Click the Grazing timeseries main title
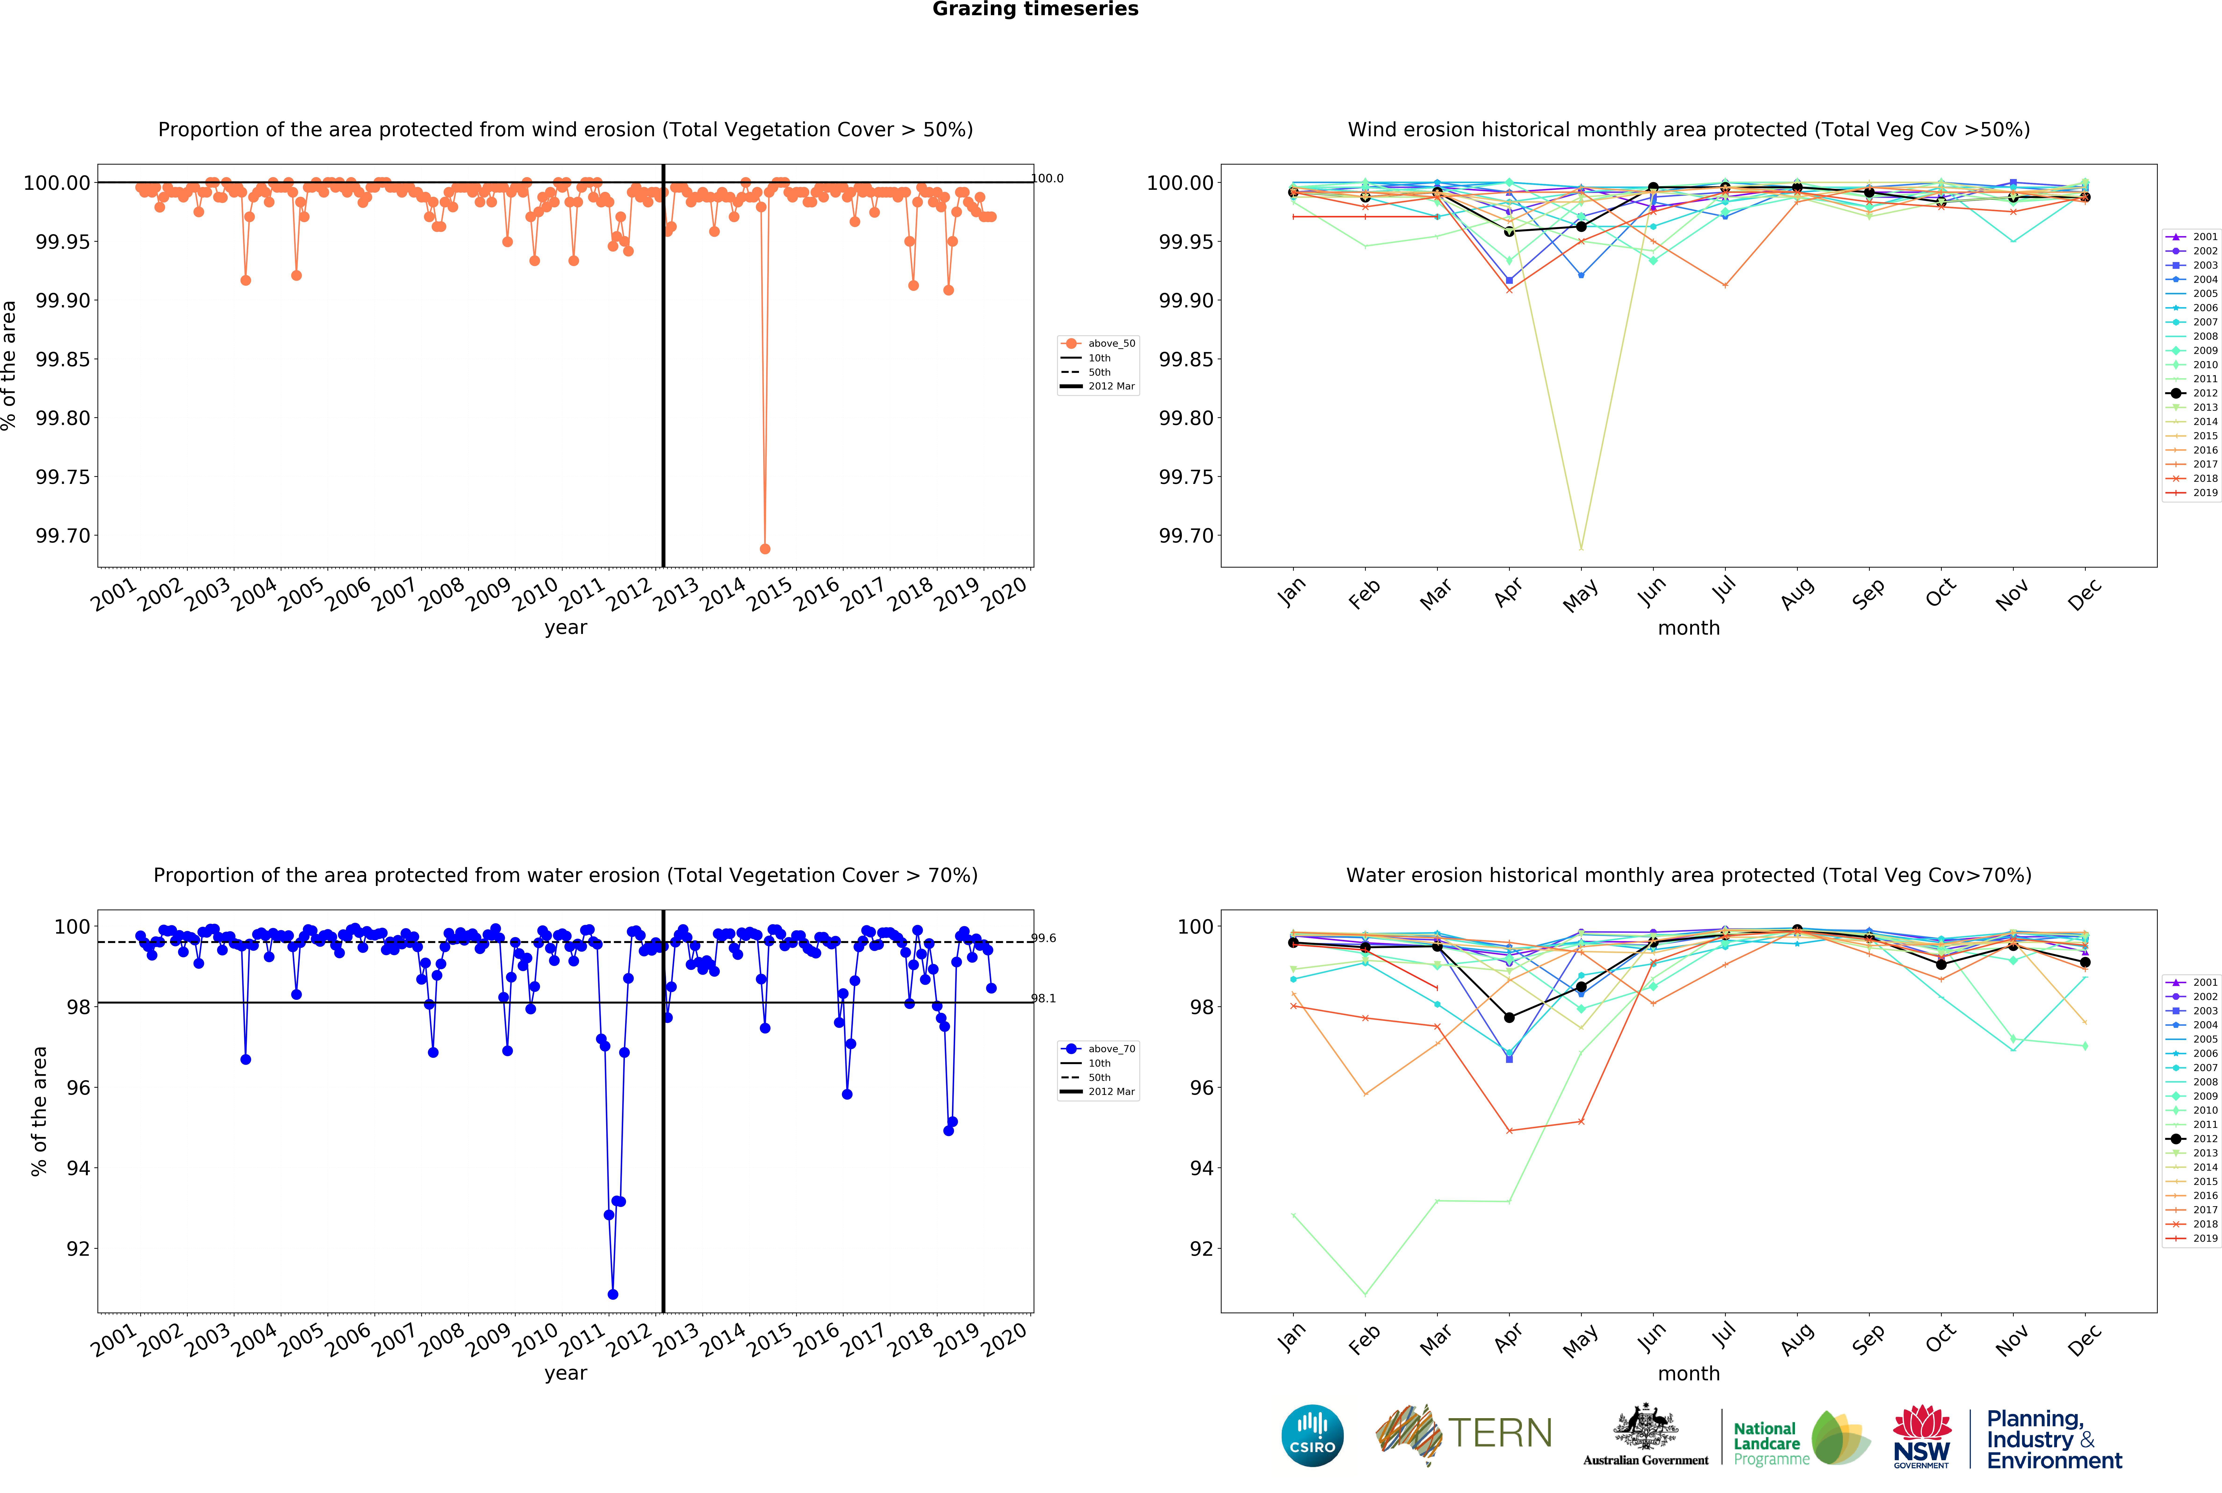click(x=1035, y=10)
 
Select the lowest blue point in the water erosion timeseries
click(x=612, y=1294)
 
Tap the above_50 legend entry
click(x=1110, y=344)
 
